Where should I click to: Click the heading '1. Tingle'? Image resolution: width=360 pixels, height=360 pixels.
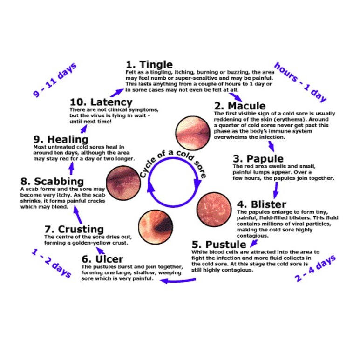tap(149, 64)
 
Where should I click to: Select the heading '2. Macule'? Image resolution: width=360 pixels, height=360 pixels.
tap(239, 106)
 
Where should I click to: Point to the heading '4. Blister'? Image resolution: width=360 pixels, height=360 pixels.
tap(261, 204)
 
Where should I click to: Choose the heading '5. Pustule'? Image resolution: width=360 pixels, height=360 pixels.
tap(219, 245)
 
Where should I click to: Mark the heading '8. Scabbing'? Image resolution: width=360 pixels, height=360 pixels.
tap(52, 181)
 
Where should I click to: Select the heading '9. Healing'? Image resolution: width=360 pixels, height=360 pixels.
tap(61, 139)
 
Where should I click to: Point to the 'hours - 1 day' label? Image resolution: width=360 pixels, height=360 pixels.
tap(300, 82)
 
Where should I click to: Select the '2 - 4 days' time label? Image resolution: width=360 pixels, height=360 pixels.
tap(315, 269)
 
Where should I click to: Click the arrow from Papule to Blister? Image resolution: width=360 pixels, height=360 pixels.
tap(275, 189)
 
